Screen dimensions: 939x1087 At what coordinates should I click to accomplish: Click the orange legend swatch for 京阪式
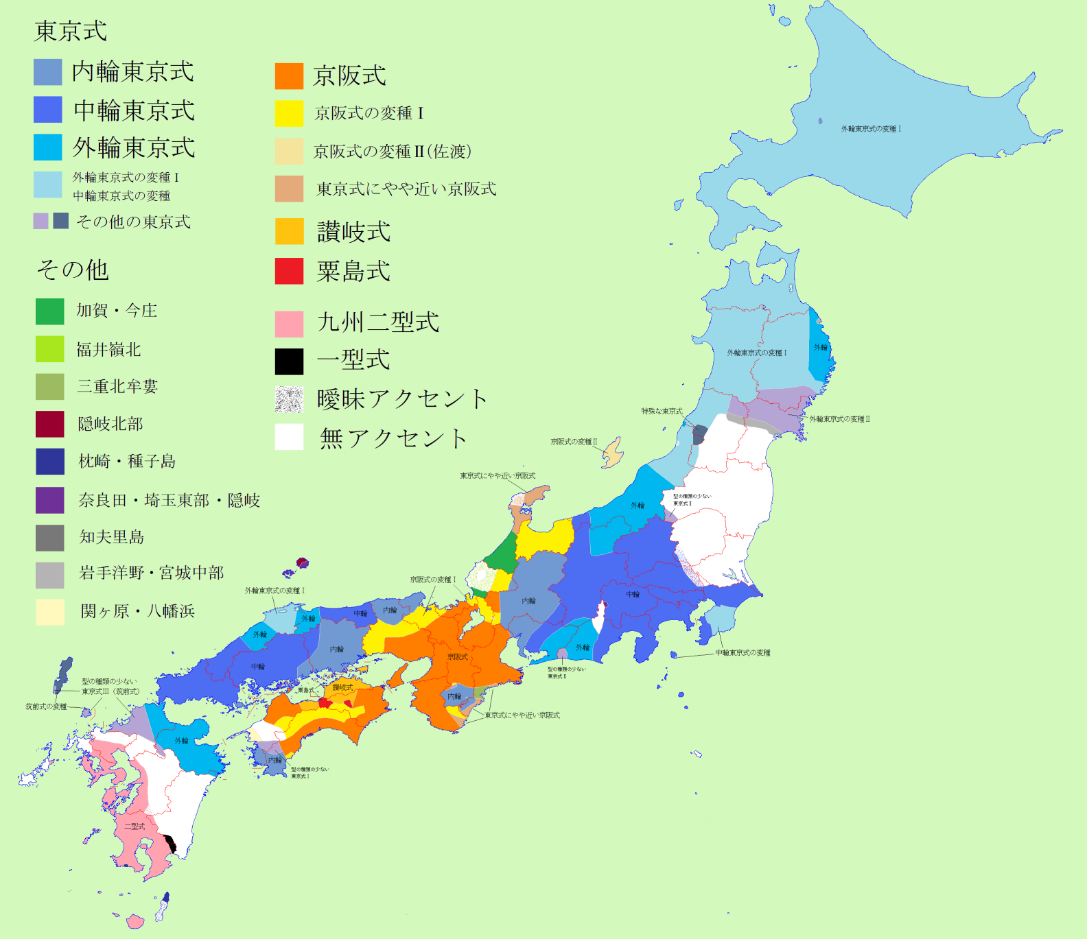pos(289,76)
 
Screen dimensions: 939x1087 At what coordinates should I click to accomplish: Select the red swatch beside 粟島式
pos(289,271)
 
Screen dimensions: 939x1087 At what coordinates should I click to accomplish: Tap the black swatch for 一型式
pos(289,361)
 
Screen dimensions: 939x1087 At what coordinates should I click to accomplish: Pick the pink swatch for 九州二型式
pos(289,324)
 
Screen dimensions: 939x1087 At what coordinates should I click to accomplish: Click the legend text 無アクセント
pos(393,438)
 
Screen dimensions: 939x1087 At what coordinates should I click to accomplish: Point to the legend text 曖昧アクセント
pos(402,399)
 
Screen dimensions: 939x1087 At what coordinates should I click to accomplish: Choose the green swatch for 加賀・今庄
pos(49,311)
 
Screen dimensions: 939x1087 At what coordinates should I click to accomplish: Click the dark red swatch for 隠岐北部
pos(49,424)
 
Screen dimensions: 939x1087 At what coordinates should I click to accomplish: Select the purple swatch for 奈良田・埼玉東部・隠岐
pos(49,500)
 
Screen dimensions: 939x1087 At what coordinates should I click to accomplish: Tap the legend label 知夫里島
pos(112,537)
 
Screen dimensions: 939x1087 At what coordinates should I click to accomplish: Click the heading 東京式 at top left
pos(71,31)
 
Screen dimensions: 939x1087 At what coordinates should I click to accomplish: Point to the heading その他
pos(73,270)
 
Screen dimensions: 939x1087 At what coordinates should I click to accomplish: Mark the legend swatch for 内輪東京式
pos(47,72)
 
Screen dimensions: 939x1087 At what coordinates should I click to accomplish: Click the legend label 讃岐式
pos(353,232)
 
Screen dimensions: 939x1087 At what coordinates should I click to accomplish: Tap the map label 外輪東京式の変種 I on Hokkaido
pos(871,129)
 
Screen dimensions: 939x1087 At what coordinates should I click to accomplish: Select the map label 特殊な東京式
pos(662,412)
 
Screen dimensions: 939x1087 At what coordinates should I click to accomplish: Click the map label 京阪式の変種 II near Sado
pos(574,442)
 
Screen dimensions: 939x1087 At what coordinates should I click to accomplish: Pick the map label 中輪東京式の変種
pos(743,653)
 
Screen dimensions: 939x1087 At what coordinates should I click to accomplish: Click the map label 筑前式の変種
pos(46,706)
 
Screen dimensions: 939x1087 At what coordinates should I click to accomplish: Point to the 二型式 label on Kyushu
pos(135,827)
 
